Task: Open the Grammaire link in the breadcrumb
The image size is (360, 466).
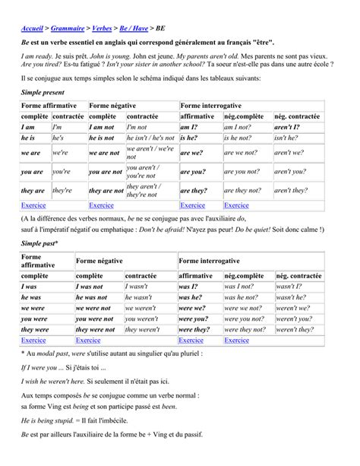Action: [81, 27]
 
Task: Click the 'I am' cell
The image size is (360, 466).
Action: [33, 128]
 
